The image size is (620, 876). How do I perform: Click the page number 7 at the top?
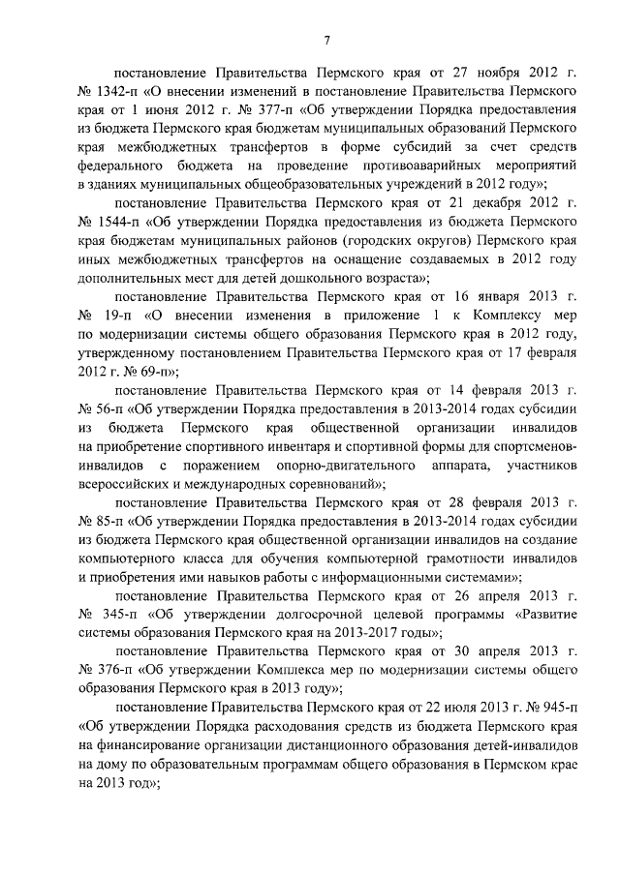pyautogui.click(x=326, y=39)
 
